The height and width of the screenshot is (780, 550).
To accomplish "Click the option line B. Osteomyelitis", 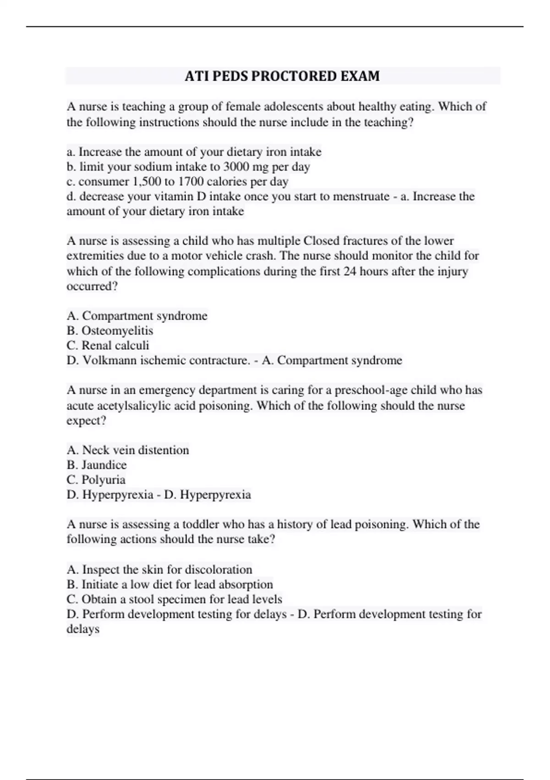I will pos(110,330).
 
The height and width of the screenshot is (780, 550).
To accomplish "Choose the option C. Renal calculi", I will pos(108,345).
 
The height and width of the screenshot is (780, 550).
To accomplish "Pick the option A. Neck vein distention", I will pos(128,450).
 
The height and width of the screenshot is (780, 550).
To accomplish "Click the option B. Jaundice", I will pos(97,465).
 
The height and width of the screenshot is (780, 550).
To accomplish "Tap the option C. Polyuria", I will pos(96,480).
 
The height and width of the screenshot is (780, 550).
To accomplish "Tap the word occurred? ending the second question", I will pos(92,286).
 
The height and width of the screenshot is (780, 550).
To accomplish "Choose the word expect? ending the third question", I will pos(86,420).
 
